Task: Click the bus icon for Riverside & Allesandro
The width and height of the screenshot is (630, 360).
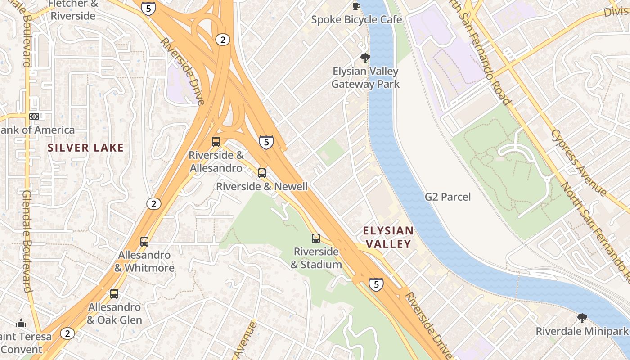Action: (x=216, y=142)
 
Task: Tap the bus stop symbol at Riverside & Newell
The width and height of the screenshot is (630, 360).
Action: (x=261, y=173)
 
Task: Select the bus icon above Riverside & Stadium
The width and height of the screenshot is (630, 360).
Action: (x=316, y=238)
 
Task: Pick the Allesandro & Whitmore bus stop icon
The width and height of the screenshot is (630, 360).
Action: (x=144, y=242)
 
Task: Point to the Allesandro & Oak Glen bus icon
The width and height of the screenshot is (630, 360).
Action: (x=114, y=294)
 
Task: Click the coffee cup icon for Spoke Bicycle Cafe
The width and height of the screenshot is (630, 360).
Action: (x=356, y=6)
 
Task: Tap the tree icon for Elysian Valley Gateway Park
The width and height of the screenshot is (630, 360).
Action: (x=365, y=58)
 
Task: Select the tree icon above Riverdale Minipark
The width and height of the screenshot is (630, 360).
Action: (x=582, y=318)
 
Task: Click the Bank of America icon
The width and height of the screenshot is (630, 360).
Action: (x=34, y=117)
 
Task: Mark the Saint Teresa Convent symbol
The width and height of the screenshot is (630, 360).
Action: (x=21, y=323)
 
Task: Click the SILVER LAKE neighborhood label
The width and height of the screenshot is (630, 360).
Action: (x=85, y=148)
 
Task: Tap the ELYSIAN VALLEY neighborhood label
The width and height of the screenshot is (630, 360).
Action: (x=388, y=237)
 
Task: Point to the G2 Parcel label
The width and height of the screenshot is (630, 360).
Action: (x=448, y=197)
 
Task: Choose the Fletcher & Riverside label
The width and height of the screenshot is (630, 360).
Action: (x=73, y=10)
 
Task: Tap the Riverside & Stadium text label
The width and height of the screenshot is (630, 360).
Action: (x=316, y=258)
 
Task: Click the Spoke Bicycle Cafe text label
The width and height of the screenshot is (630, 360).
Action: (x=356, y=20)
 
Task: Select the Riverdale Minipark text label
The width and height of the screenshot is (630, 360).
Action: (x=581, y=332)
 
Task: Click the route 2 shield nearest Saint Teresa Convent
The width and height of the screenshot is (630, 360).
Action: (x=67, y=333)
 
